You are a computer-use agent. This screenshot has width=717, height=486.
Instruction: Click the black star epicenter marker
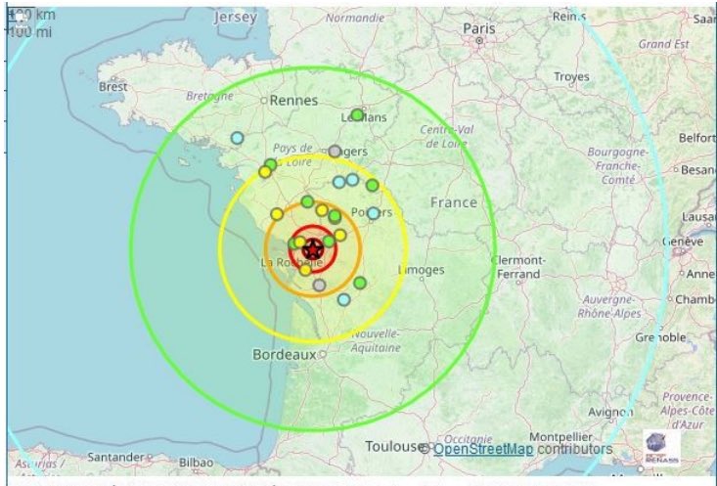[312, 249]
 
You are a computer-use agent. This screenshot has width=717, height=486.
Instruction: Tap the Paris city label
[479, 28]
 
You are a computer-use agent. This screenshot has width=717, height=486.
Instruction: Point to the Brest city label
[112, 86]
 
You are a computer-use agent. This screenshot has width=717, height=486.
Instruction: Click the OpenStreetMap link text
[483, 449]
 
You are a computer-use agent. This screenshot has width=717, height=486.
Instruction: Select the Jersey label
[238, 18]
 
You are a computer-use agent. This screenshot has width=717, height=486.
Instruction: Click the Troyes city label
[571, 76]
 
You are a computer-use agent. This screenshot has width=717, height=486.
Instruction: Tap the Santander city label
[115, 457]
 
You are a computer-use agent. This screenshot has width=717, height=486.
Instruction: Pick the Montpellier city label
[560, 436]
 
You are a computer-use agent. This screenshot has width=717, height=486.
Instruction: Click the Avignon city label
[611, 412]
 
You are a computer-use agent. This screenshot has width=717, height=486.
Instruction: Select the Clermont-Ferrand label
[519, 266]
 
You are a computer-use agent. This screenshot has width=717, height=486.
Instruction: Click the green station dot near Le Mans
[357, 114]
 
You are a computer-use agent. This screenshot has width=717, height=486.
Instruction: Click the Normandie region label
[355, 18]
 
